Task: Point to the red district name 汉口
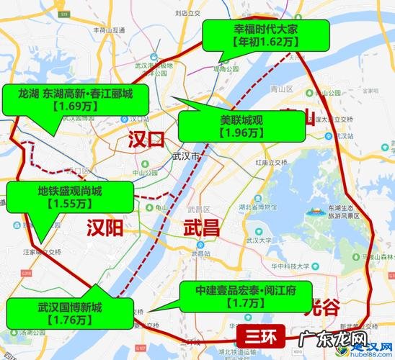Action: (x=146, y=139)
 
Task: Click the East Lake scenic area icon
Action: (x=316, y=212)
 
